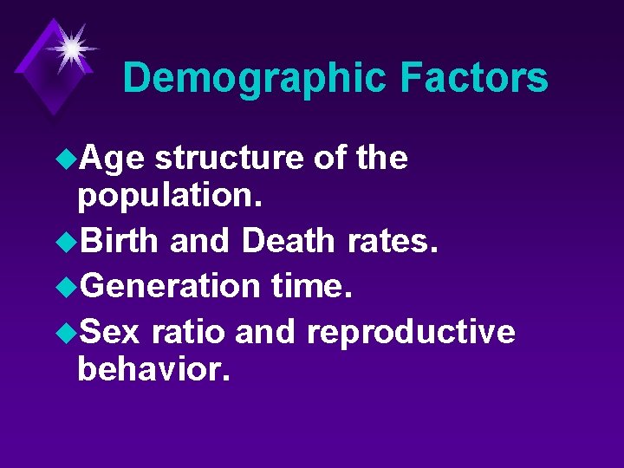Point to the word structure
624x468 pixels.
point(228,158)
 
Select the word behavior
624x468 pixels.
point(153,371)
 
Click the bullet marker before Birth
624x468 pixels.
point(67,240)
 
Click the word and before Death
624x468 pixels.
point(202,240)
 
